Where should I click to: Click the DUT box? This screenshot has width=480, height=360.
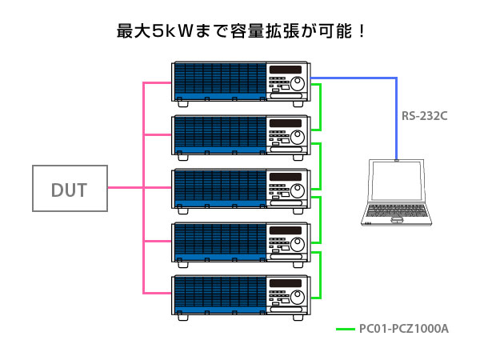pos(70,188)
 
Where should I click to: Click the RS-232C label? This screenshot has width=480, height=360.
pos(424,116)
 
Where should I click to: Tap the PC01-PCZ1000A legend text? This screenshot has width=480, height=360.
pos(404,329)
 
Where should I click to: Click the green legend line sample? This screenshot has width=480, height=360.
pos(346,329)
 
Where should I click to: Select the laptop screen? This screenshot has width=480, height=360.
pos(397,181)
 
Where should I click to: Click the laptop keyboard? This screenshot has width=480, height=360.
pos(397,210)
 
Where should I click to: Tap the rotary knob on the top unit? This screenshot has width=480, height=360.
pos(298,83)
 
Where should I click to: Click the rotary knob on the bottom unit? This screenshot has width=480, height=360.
pos(298,297)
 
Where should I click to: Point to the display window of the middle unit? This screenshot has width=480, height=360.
pos(286,177)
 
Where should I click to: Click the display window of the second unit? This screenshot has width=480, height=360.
pos(286,123)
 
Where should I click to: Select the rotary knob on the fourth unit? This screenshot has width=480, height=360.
pos(298,244)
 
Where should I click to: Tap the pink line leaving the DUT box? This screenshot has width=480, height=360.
pos(126,188)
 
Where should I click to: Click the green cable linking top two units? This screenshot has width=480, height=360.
pos(320,107)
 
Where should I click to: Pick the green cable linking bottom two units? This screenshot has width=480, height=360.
pos(320,275)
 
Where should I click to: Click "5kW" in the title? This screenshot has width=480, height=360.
pos(172,31)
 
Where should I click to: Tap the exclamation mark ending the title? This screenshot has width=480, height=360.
pos(362,31)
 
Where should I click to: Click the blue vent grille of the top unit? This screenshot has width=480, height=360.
pos(220,78)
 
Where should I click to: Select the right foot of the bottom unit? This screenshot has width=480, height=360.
pos(298,318)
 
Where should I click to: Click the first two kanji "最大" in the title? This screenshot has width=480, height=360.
pos(134,31)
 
